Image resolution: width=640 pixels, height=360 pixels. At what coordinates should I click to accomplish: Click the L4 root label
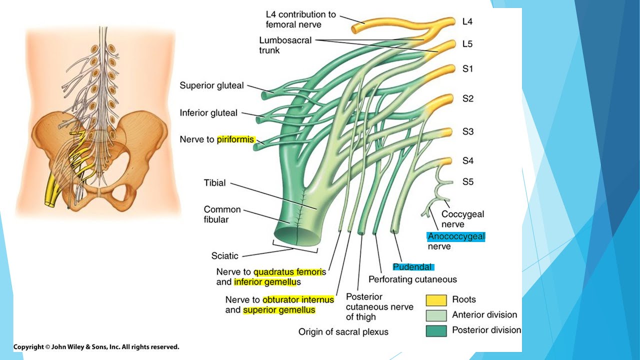467,21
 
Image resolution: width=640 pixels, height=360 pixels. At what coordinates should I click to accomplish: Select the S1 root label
467,69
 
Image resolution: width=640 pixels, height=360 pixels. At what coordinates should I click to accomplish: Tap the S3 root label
467,132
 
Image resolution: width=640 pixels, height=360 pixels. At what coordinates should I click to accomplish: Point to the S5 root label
467,182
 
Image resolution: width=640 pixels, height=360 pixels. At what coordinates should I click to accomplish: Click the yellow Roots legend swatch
436,300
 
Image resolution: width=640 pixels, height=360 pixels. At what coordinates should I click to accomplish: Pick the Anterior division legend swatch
436,315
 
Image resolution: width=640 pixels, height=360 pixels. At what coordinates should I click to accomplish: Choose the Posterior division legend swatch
436,330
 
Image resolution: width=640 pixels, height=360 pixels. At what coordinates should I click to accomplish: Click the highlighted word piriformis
235,139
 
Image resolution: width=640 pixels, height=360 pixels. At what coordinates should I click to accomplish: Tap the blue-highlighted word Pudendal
413,267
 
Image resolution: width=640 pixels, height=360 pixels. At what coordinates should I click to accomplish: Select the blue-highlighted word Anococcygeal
456,236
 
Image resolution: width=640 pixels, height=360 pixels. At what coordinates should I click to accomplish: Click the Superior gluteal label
211,85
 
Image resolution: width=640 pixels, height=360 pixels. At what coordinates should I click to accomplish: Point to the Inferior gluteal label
208,113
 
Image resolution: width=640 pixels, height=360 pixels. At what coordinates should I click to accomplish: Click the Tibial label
214,183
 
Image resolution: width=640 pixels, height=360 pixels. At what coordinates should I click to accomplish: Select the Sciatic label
224,256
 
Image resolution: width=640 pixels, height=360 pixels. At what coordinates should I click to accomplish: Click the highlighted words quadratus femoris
289,272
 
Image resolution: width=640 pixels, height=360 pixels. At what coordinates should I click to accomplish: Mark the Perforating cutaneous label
412,279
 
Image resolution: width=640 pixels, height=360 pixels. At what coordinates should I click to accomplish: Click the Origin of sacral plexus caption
343,331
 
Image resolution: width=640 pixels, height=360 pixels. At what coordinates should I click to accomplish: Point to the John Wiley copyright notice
96,346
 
